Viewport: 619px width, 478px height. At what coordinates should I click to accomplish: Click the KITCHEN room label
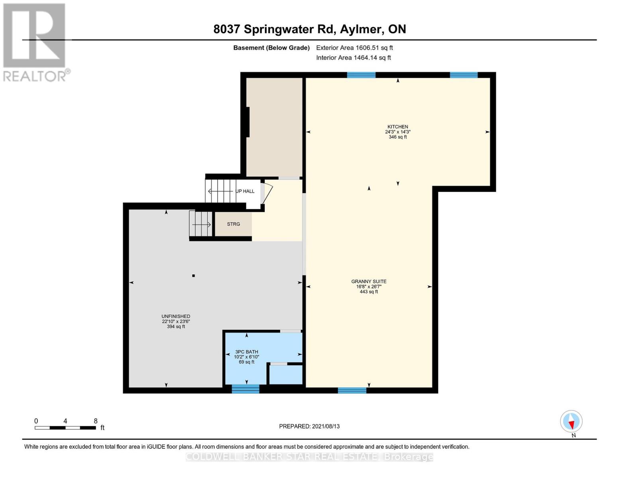[x=397, y=127]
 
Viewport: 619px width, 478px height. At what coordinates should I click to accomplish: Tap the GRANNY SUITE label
[x=369, y=282]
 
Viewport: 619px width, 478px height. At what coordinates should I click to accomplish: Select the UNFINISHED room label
[x=176, y=317]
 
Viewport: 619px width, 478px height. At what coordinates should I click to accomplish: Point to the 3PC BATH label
[x=246, y=352]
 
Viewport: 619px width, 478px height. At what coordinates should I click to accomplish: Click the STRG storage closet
[x=233, y=224]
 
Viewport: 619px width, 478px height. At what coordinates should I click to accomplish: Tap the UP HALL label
[x=245, y=191]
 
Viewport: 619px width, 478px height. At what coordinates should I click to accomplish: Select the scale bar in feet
[x=65, y=427]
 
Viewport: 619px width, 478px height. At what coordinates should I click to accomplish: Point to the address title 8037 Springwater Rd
[x=309, y=29]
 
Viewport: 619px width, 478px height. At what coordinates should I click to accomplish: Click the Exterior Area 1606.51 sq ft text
[x=354, y=48]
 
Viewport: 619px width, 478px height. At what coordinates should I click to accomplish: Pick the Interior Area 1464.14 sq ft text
[x=353, y=58]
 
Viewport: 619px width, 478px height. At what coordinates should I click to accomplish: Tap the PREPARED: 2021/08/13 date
[x=309, y=426]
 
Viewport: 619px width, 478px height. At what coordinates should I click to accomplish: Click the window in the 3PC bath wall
[x=246, y=389]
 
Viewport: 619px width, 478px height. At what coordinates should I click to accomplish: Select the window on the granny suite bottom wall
[x=352, y=390]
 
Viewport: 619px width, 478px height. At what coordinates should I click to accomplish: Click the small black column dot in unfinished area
[x=194, y=276]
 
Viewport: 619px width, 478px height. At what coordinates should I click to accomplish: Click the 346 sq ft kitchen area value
[x=397, y=137]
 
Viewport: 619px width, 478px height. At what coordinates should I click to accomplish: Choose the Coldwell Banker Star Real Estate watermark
[x=309, y=457]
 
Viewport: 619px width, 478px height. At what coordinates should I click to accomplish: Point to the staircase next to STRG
[x=201, y=224]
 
